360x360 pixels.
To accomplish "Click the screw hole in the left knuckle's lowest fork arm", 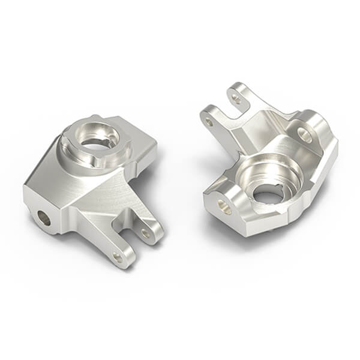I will pyautogui.click(x=118, y=257).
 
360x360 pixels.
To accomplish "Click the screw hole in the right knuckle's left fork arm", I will pyautogui.click(x=209, y=122).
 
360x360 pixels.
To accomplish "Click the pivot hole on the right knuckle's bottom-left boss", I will pyautogui.click(x=224, y=207).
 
